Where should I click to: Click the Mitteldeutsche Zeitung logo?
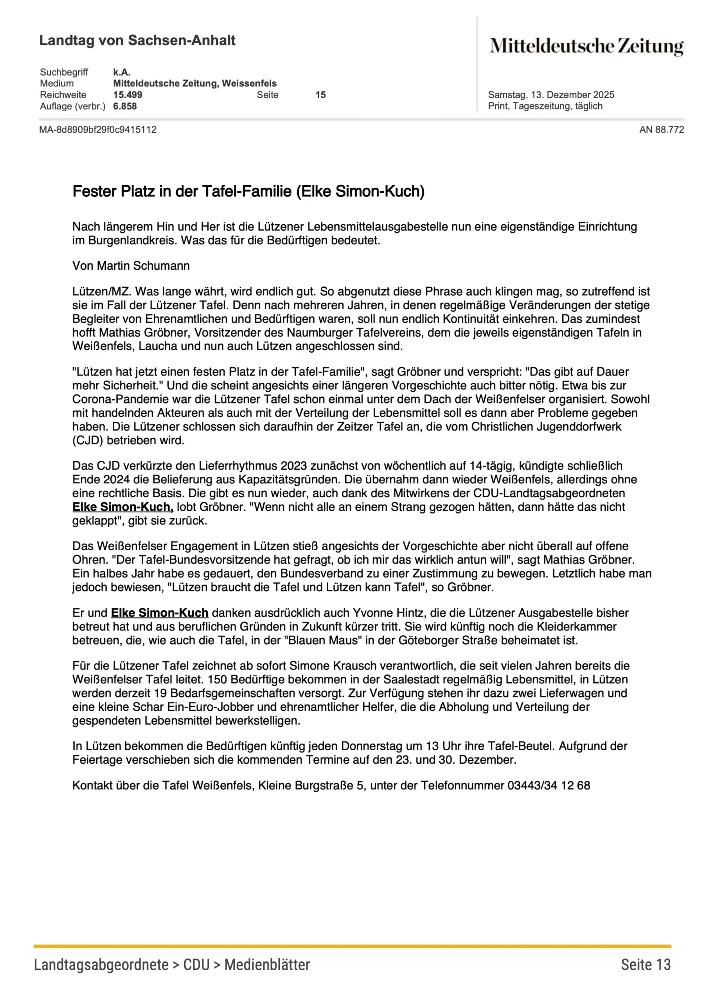(x=586, y=46)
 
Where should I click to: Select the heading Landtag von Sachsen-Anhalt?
(x=137, y=40)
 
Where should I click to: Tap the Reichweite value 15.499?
(x=128, y=95)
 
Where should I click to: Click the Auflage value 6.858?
(x=125, y=106)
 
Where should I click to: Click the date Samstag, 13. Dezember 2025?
(x=550, y=95)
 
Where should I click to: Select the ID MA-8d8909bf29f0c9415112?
(x=98, y=130)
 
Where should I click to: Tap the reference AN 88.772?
(x=661, y=130)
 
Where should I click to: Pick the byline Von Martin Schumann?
(x=131, y=266)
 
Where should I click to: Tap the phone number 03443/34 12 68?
(x=549, y=786)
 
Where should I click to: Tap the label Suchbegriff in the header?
(x=64, y=72)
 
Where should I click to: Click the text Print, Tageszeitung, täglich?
(x=545, y=106)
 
